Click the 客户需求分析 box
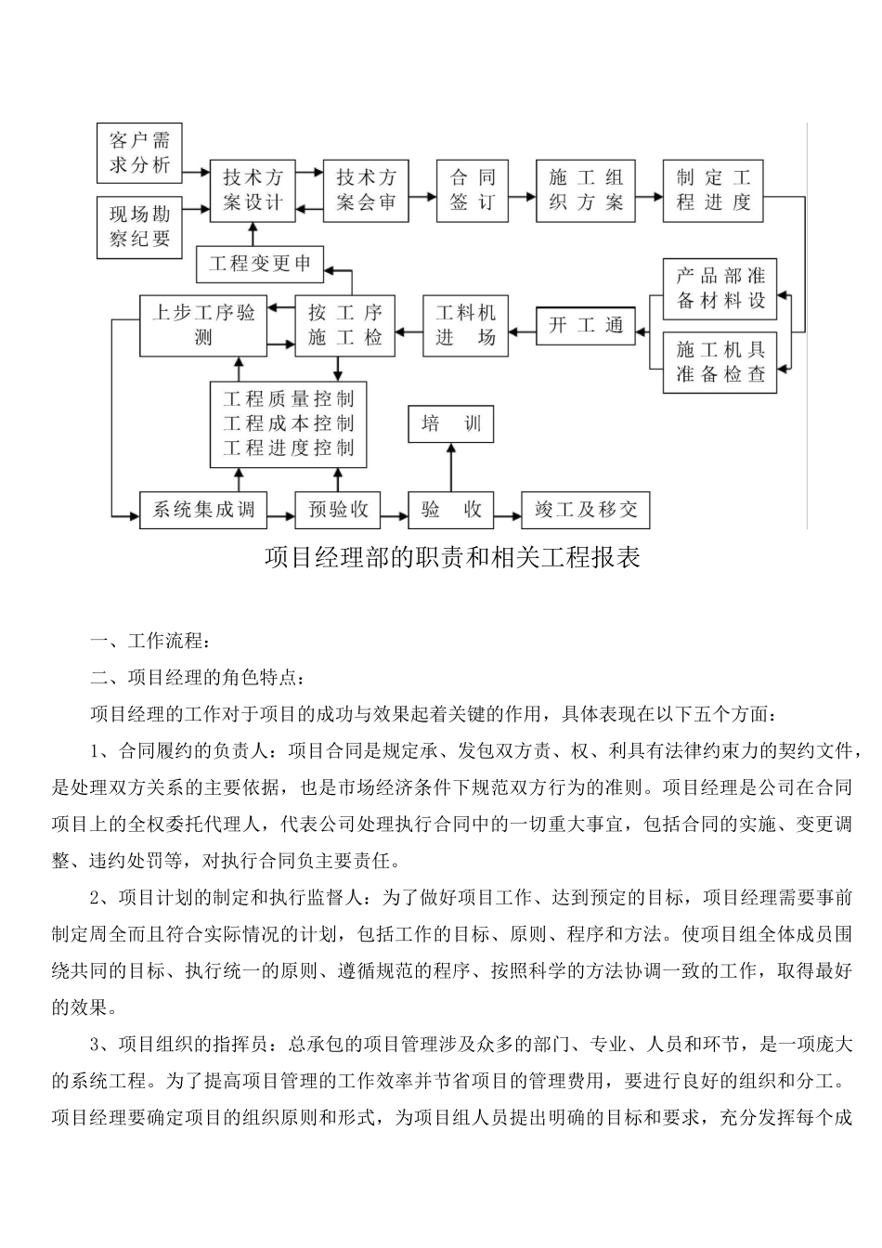tap(140, 153)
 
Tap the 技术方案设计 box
tap(253, 190)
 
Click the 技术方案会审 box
tap(366, 190)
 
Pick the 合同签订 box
tap(473, 190)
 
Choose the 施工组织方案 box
tap(586, 190)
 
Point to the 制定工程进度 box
tap(713, 190)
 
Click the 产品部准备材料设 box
tap(720, 289)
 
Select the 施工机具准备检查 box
tap(720, 362)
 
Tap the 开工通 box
tap(586, 326)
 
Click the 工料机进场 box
tap(466, 325)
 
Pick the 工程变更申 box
tap(260, 265)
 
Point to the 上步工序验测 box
tap(203, 325)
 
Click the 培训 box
tap(451, 425)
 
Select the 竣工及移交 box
tap(586, 510)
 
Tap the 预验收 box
tap(338, 510)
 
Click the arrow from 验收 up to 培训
tap(451, 467)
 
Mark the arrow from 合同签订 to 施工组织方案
tap(522, 196)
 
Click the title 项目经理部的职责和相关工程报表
tap(452, 558)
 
